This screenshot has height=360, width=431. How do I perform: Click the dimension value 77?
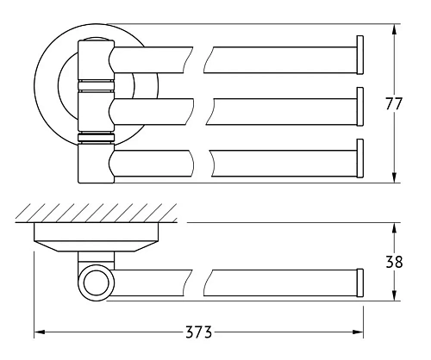click(393, 104)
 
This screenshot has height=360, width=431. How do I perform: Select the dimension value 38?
click(393, 260)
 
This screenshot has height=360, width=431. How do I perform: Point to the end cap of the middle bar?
click(360, 109)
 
